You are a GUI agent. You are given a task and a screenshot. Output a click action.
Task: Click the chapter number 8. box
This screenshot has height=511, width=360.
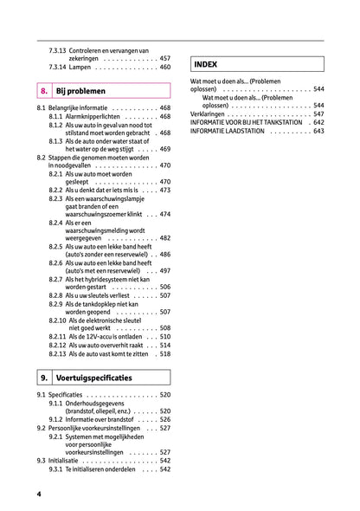(x=43, y=90)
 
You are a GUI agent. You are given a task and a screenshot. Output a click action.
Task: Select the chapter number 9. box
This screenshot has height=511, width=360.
(x=43, y=378)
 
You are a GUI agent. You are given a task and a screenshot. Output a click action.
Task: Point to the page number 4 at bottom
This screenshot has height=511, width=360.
(x=39, y=494)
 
